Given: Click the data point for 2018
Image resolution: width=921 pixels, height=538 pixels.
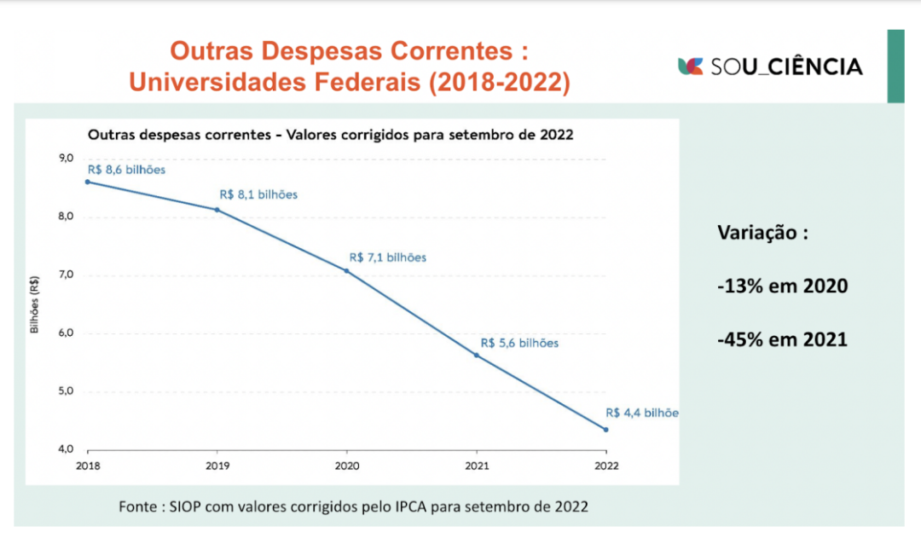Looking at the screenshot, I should pyautogui.click(x=87, y=182).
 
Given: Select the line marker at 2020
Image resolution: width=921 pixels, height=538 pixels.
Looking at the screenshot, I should pyautogui.click(x=346, y=270).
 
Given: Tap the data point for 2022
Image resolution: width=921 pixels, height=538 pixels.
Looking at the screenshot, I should pyautogui.click(x=605, y=430).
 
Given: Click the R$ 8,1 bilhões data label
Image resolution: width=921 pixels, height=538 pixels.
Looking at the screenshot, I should pyautogui.click(x=258, y=194).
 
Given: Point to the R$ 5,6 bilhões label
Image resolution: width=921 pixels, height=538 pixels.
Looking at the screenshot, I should pyautogui.click(x=519, y=343).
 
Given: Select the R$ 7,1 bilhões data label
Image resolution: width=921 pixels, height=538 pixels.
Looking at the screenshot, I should pyautogui.click(x=388, y=257).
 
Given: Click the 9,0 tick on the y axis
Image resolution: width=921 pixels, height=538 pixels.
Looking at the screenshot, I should pyautogui.click(x=66, y=158).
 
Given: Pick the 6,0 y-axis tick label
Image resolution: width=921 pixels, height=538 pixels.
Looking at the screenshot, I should pyautogui.click(x=66, y=333).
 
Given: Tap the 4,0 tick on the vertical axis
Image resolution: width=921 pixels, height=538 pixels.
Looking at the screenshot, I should pyautogui.click(x=66, y=449).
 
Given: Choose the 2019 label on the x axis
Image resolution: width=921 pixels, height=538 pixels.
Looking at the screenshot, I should pyautogui.click(x=217, y=466).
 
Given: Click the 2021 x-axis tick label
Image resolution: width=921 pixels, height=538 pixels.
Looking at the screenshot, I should pyautogui.click(x=476, y=466).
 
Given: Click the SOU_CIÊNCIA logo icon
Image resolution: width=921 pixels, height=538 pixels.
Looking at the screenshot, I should pyautogui.click(x=691, y=66).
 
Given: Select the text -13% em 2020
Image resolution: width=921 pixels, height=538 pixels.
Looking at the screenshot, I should pyautogui.click(x=782, y=286).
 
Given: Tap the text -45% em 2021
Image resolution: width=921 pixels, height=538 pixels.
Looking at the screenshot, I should pyautogui.click(x=782, y=339).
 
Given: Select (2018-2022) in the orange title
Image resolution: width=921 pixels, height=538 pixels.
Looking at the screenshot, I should pyautogui.click(x=500, y=83).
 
